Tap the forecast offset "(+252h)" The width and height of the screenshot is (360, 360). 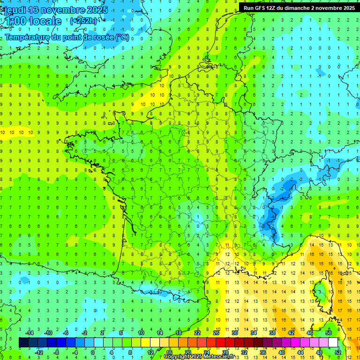83,21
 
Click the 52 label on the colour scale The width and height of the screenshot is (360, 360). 337,352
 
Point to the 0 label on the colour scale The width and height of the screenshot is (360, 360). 93,352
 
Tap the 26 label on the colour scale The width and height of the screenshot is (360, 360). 216,333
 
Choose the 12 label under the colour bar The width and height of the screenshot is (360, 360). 150,352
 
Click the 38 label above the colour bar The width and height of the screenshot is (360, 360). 272,333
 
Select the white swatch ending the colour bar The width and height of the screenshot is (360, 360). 333,343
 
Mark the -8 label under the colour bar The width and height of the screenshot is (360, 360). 56,352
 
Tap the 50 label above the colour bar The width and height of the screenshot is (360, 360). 328,333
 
